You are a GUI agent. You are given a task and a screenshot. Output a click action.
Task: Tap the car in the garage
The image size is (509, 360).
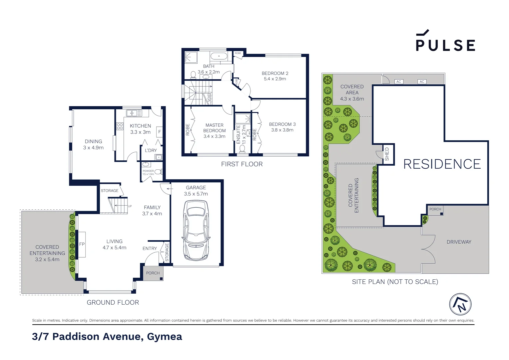(x=196, y=230)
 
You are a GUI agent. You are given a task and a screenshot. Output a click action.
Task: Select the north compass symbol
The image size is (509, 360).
(x=460, y=304)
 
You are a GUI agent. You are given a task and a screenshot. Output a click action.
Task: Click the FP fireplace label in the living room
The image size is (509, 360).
(x=82, y=244)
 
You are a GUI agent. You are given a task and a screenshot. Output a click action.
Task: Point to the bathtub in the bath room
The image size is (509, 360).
(x=219, y=56)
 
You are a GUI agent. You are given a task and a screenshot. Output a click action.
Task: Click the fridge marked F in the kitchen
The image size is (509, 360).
(x=160, y=132)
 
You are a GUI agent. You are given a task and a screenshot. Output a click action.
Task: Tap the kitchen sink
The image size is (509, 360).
(x=134, y=113)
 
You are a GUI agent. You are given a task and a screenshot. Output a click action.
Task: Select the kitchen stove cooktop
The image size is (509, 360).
(x=120, y=126)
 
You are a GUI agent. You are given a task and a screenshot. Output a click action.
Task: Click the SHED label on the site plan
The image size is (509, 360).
(x=387, y=154)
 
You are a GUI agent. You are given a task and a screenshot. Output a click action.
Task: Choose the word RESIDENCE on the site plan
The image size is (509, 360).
(x=442, y=164)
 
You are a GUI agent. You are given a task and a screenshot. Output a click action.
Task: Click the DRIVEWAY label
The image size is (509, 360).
(x=459, y=242)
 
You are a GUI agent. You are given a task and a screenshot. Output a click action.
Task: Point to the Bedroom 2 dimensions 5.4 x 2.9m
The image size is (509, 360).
(x=275, y=79)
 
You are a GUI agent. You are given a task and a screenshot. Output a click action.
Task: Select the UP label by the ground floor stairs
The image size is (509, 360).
(x=130, y=206)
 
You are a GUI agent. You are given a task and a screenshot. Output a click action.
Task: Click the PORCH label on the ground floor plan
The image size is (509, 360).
(x=153, y=273)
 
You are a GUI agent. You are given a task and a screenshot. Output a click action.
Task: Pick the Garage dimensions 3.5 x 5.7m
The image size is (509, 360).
(x=196, y=194)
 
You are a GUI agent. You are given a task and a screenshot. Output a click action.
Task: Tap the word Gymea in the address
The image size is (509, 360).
(x=165, y=337)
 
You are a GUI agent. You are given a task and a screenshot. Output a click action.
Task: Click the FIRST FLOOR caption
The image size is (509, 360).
(x=242, y=164)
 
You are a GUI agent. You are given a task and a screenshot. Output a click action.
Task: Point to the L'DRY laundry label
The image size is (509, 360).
(x=151, y=150)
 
